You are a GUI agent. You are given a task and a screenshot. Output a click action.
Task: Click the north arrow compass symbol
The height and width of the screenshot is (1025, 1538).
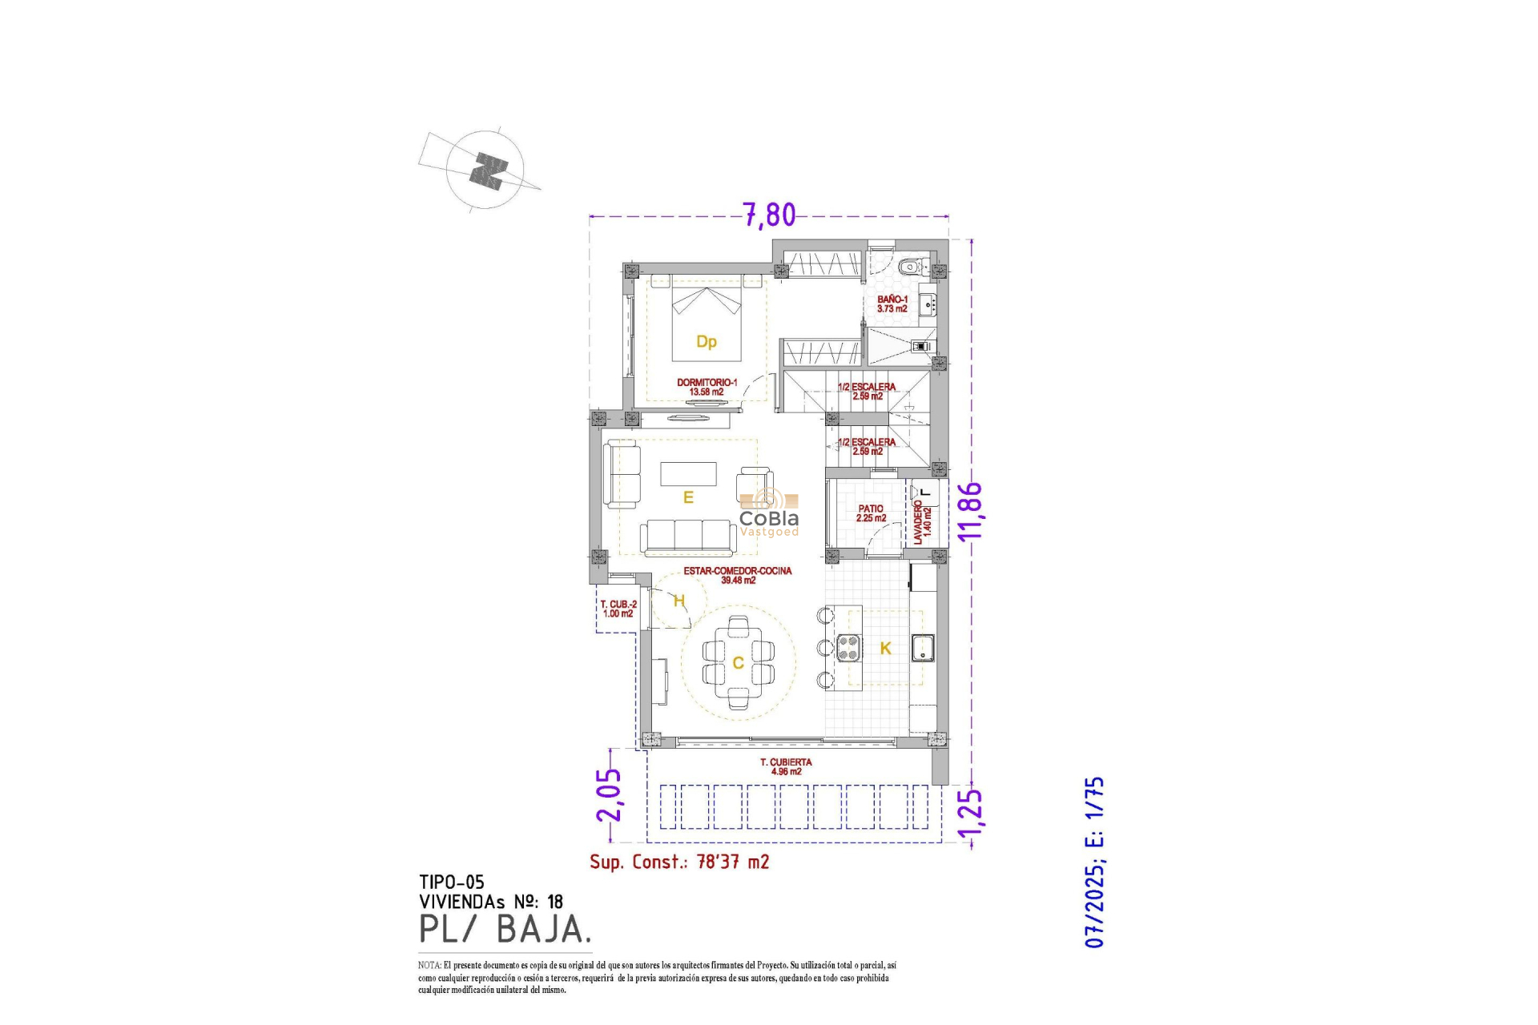point(485,170)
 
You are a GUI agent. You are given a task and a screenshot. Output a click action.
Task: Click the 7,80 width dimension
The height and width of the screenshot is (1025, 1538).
point(769,215)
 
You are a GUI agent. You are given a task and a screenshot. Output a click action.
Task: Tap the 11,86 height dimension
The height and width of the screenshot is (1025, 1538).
point(970,511)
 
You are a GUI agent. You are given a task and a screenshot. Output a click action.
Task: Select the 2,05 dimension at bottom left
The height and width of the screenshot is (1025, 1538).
point(609,794)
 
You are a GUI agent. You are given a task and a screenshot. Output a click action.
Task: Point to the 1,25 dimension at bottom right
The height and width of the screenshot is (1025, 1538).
point(970,818)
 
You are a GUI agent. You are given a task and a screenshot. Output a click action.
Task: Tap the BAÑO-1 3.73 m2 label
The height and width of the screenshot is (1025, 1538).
point(892,303)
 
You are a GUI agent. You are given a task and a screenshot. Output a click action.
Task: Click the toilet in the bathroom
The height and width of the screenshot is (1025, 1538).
point(910,267)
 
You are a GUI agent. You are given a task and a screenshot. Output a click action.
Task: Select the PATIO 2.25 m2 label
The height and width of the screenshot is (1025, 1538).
point(871,513)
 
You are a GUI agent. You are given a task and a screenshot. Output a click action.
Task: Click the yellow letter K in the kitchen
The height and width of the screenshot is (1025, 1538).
point(885,649)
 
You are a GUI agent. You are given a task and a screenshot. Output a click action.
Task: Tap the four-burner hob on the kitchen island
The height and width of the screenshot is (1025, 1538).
point(849,647)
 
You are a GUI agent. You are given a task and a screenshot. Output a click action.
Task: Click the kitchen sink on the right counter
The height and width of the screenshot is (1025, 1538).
point(923,648)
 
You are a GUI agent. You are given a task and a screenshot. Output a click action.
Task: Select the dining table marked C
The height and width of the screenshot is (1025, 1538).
point(739,662)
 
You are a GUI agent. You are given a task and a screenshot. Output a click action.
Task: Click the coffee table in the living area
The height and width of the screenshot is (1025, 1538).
point(688,474)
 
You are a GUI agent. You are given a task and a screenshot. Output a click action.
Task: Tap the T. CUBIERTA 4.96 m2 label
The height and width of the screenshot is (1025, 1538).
point(786,766)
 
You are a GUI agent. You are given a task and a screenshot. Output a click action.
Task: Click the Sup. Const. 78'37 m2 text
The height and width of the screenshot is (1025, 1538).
point(679,862)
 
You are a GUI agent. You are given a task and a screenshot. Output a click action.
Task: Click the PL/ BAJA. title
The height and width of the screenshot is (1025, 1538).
point(505,929)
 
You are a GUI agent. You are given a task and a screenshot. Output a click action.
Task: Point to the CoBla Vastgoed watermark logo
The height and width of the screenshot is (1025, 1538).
point(768,517)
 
